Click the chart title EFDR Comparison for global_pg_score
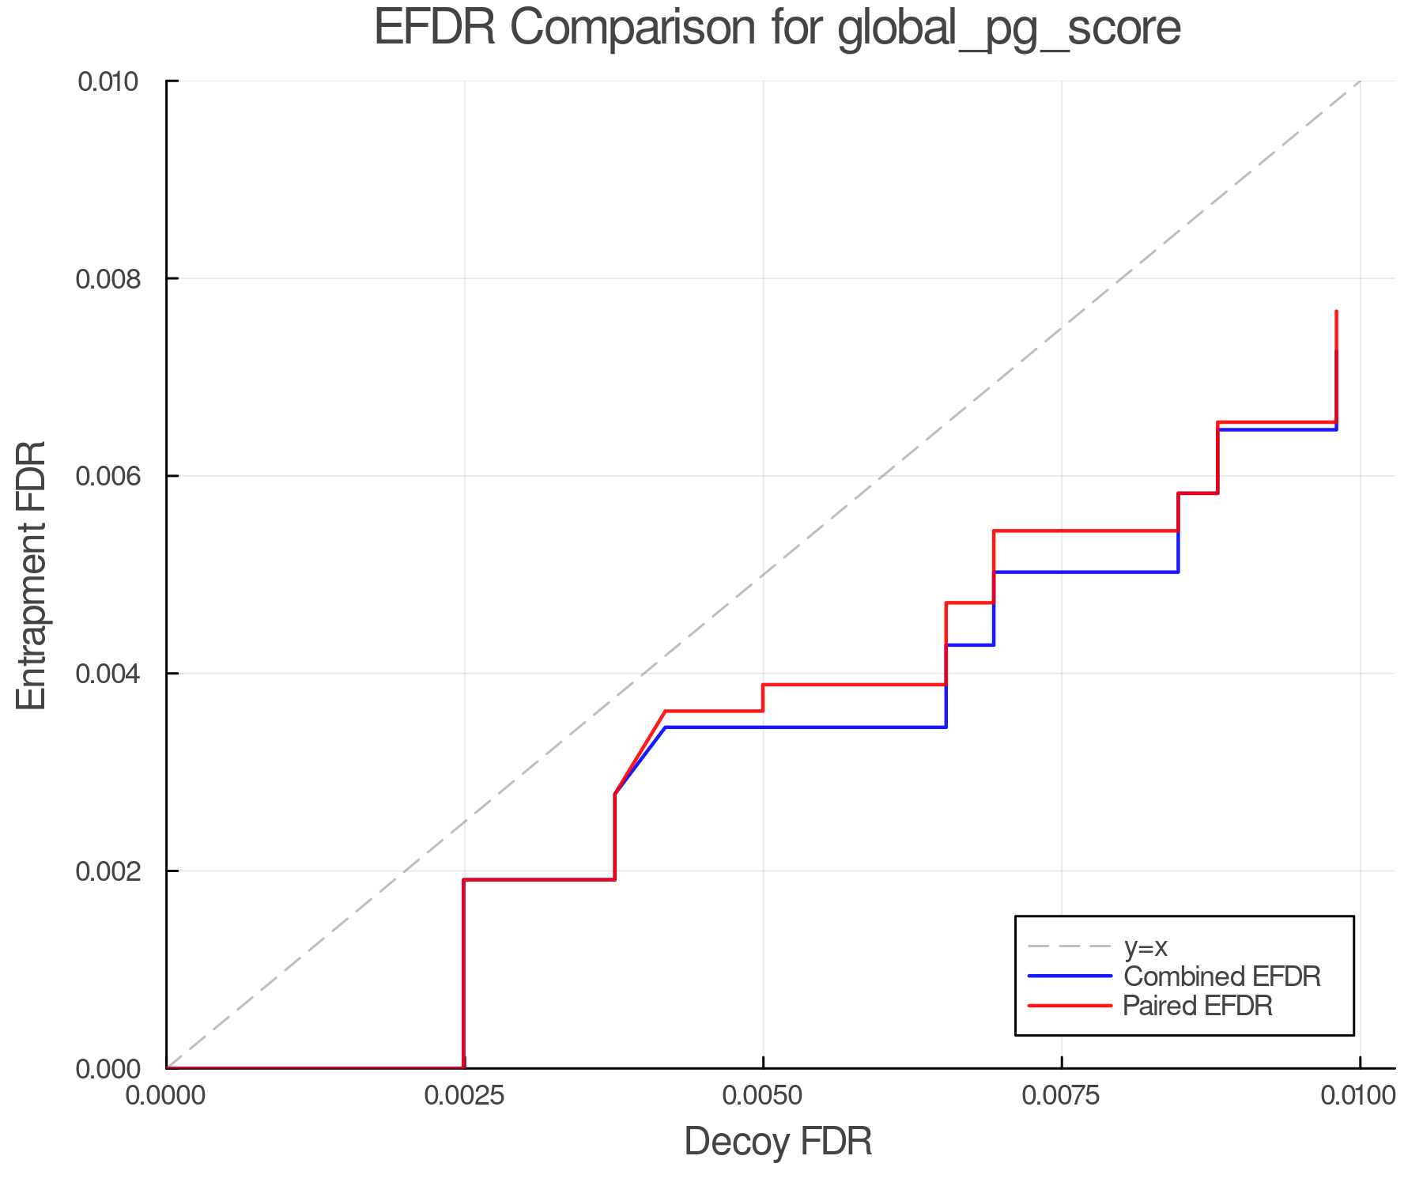pyautogui.click(x=777, y=28)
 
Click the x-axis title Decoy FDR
pyautogui.click(x=778, y=1142)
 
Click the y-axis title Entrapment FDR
pyautogui.click(x=32, y=575)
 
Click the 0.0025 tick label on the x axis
pyautogui.click(x=464, y=1096)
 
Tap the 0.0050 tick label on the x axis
pyautogui.click(x=763, y=1096)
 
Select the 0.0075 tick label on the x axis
pyautogui.click(x=1061, y=1096)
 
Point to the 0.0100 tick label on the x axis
pyautogui.click(x=1359, y=1096)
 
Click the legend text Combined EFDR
pyautogui.click(x=1222, y=976)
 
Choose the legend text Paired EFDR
pyautogui.click(x=1198, y=1006)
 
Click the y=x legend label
pyautogui.click(x=1146, y=946)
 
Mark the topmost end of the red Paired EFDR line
pyautogui.click(x=1336, y=312)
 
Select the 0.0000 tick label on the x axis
pyautogui.click(x=166, y=1096)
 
